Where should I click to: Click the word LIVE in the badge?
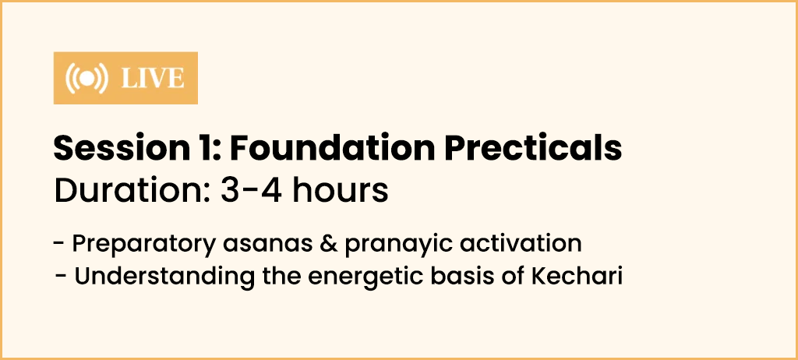[153, 79]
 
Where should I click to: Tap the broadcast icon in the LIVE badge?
[87, 79]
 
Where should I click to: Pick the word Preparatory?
[144, 244]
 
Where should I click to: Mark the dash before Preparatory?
[58, 245]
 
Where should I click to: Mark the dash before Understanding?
[61, 277]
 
